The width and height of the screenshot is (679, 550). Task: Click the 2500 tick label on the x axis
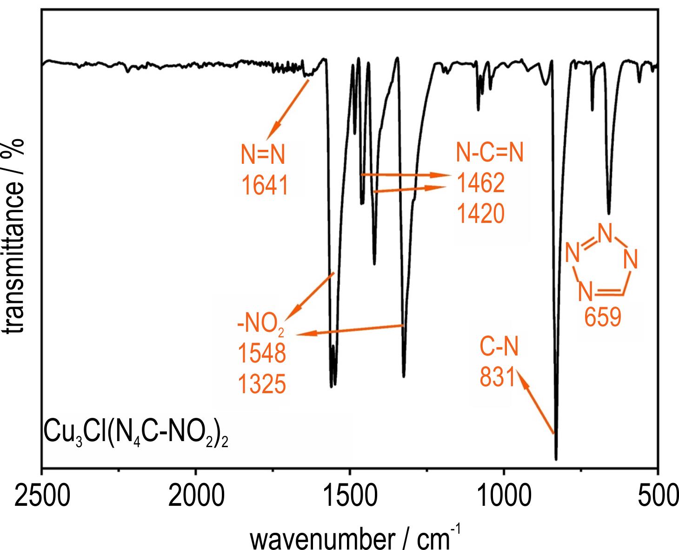click(x=42, y=497)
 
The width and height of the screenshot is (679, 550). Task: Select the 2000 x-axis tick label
click(x=196, y=497)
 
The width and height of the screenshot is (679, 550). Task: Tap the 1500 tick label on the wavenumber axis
click(x=350, y=497)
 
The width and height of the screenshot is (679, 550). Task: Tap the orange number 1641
click(x=264, y=186)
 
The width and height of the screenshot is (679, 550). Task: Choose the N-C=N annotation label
click(x=490, y=153)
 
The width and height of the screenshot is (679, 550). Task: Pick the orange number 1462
click(x=480, y=184)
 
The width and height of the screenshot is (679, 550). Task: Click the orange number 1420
click(x=480, y=215)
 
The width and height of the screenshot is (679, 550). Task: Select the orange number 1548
click(x=261, y=355)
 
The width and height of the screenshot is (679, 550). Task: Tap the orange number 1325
click(x=261, y=385)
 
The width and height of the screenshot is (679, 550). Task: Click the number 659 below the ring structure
click(x=603, y=319)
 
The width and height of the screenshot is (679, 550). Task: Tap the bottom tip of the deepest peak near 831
click(x=556, y=459)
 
